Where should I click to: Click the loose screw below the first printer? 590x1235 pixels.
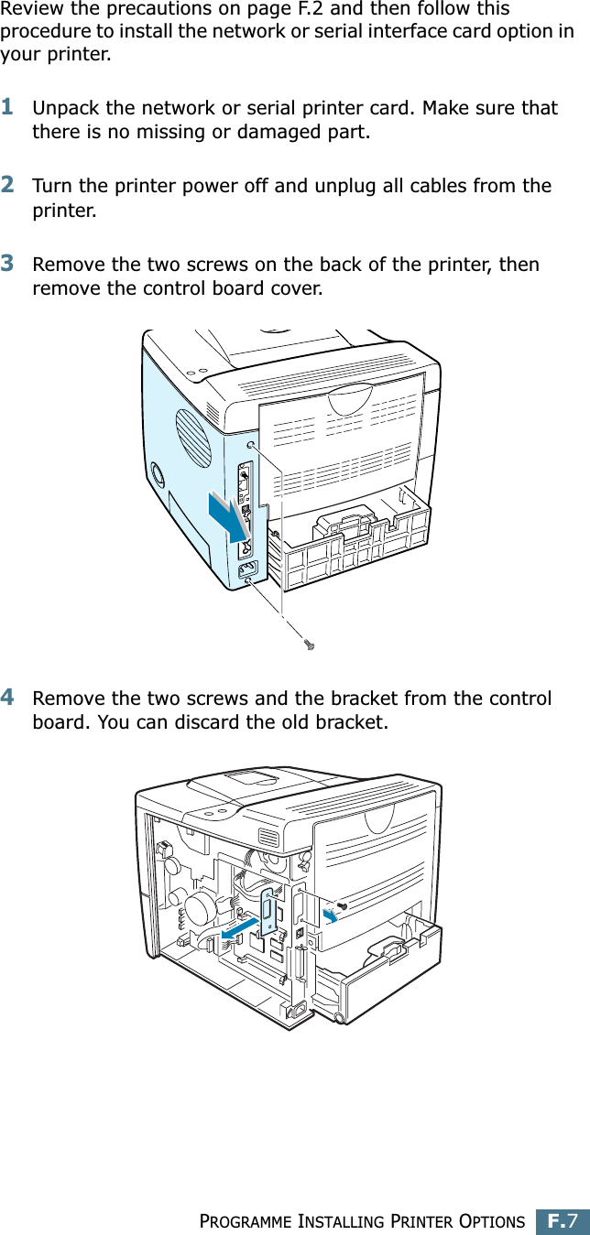tap(310, 645)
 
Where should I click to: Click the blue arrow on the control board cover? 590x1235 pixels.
tap(226, 516)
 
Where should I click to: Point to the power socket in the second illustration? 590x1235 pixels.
tap(297, 1010)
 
